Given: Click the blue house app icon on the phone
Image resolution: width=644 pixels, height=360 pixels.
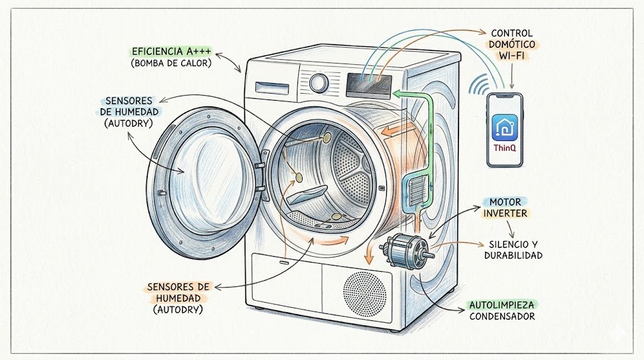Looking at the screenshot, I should pos(505,128).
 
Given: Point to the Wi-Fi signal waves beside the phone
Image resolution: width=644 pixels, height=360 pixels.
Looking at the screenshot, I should pos(482,85).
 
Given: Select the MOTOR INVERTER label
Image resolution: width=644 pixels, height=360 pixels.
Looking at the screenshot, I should pos(506,207).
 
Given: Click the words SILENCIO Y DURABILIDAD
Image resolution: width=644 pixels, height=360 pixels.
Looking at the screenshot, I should pos(513,250).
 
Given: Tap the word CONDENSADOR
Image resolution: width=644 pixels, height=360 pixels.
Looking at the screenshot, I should pos(502,317).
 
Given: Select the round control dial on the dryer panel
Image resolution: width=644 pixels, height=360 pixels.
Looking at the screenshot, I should pos(319,83).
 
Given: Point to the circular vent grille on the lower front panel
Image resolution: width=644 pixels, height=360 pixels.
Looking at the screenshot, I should pos(365,293).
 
